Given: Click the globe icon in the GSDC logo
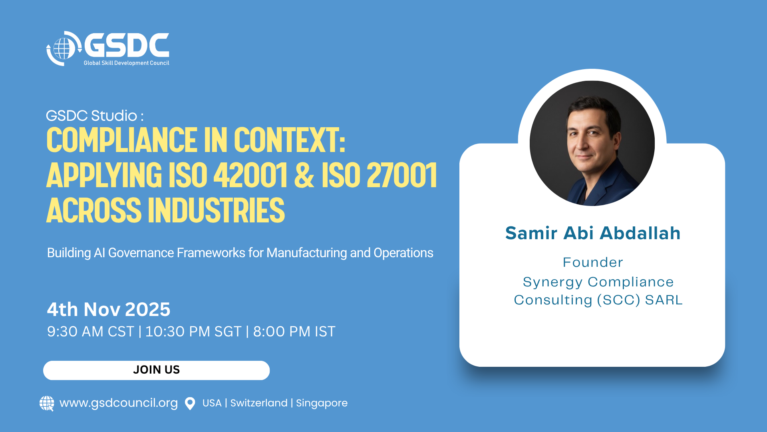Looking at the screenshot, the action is tap(62, 48).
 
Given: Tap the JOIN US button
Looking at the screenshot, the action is tap(157, 370).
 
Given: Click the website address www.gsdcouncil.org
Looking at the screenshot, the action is tap(119, 403).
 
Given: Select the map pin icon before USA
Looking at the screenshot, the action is tap(190, 403).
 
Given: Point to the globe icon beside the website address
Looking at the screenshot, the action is tap(47, 403).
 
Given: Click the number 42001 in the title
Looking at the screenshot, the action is tap(250, 175).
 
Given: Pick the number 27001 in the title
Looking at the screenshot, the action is tap(401, 175).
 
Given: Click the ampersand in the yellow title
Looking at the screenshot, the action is tap(304, 175).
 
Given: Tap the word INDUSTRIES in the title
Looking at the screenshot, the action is tap(216, 210).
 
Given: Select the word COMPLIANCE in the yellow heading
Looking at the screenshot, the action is tap(121, 140).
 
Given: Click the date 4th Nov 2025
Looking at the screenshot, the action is tap(109, 309).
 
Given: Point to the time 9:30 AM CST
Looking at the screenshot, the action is tap(91, 332).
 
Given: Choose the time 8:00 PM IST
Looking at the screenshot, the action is tap(294, 332).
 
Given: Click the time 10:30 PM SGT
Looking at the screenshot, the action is tap(193, 332).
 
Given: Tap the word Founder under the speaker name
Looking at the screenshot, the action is tap(593, 262).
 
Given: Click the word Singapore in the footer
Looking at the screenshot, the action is tap(322, 403).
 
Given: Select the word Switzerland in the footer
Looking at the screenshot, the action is tap(259, 403).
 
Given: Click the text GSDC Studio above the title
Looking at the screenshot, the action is tap(92, 116).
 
